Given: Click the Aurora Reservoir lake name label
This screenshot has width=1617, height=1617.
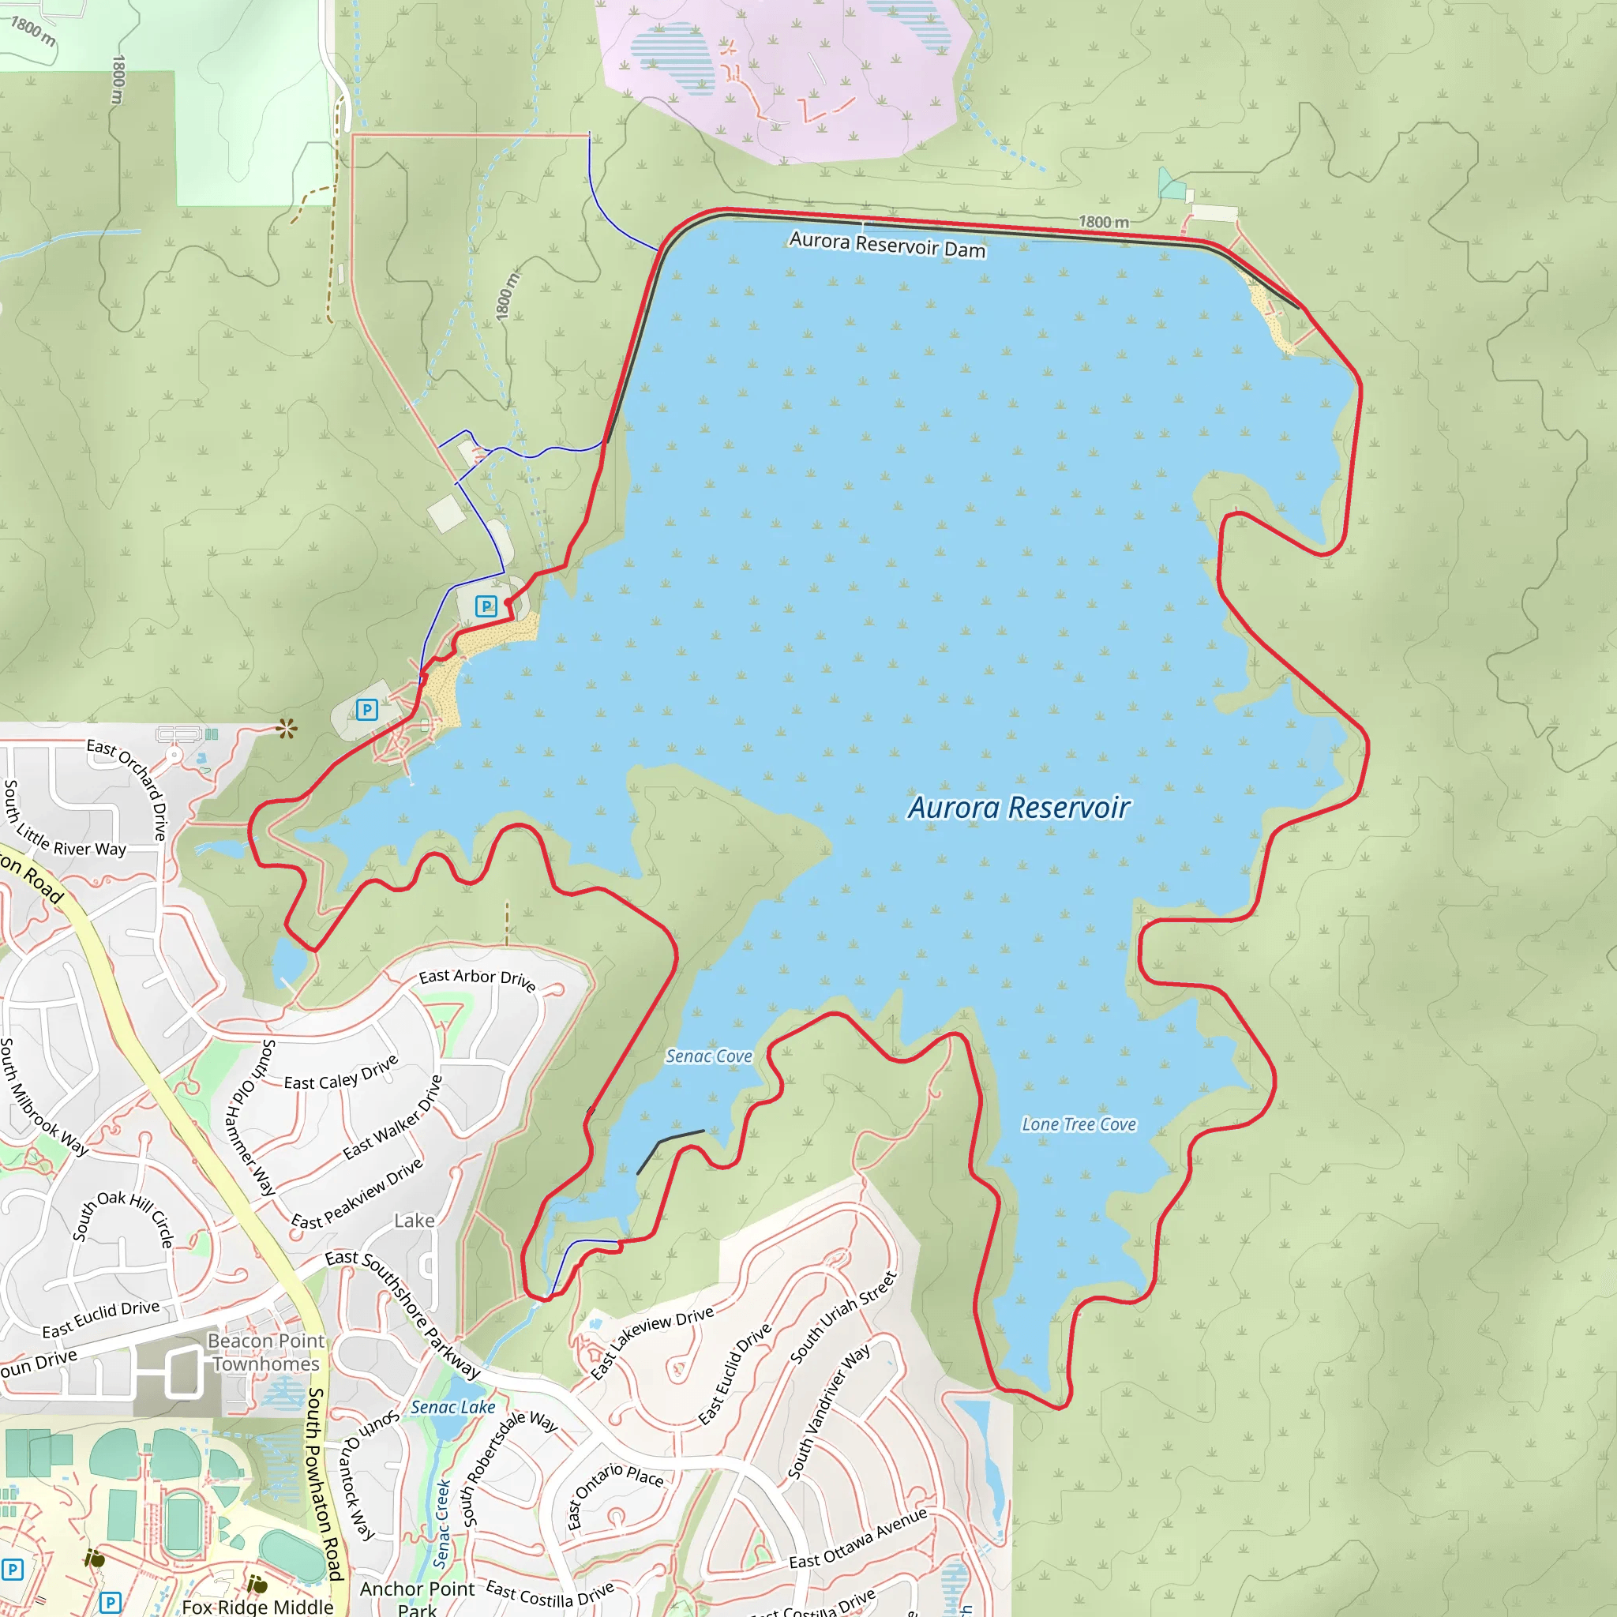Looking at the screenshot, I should [1019, 808].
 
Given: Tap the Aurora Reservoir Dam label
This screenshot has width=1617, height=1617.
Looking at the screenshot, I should [887, 245].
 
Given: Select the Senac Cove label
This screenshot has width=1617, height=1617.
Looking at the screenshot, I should [709, 1056].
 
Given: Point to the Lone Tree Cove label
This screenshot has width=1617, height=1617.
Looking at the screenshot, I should [1079, 1124].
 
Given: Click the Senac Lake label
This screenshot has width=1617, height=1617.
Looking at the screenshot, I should [452, 1407].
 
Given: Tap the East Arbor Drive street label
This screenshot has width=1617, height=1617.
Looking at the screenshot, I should [477, 979].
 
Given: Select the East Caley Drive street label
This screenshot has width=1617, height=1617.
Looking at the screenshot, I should [340, 1074].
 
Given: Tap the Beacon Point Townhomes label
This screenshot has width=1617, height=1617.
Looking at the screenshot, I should [266, 1352].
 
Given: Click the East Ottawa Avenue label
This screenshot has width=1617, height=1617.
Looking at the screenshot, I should [858, 1539].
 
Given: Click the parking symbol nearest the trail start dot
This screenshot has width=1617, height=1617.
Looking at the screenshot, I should [486, 606].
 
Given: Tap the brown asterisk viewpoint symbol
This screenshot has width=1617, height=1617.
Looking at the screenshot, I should [287, 729].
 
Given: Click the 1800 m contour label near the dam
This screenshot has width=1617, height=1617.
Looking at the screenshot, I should [1103, 222].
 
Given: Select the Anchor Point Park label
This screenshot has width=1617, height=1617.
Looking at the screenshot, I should [417, 1597].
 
